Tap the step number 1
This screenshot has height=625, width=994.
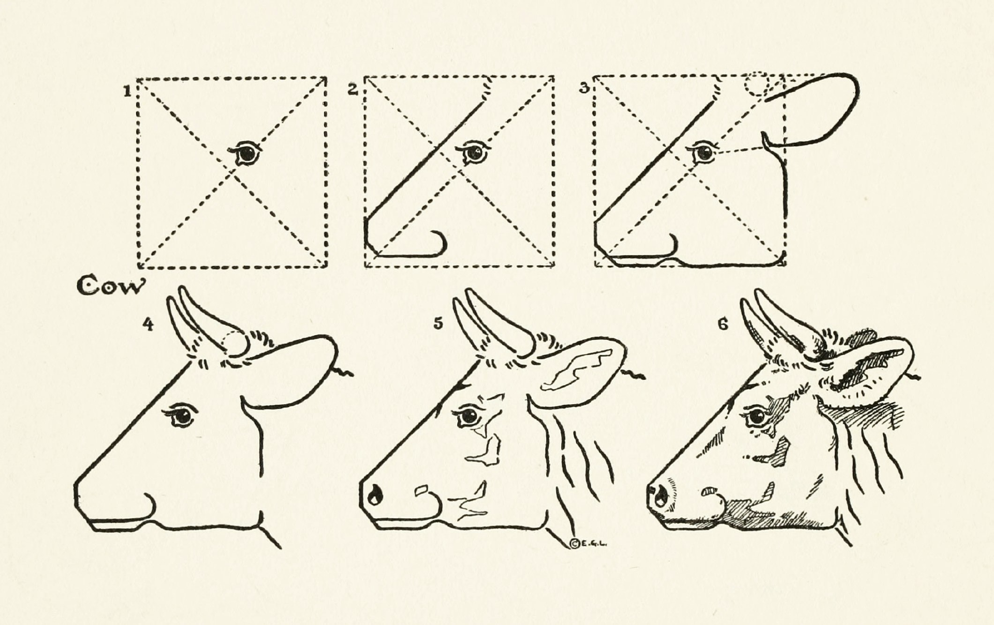point(126,91)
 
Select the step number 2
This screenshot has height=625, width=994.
point(353,89)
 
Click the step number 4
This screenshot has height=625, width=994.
point(149,325)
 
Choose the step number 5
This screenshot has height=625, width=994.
point(438,324)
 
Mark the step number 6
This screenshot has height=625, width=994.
point(723,324)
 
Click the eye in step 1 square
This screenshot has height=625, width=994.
point(245,153)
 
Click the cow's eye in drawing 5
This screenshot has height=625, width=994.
point(469,416)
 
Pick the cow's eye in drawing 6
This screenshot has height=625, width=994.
point(756,416)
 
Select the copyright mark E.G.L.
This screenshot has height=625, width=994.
point(588,543)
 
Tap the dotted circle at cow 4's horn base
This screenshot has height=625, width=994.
point(235,343)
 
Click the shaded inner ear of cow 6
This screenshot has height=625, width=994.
point(859,371)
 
